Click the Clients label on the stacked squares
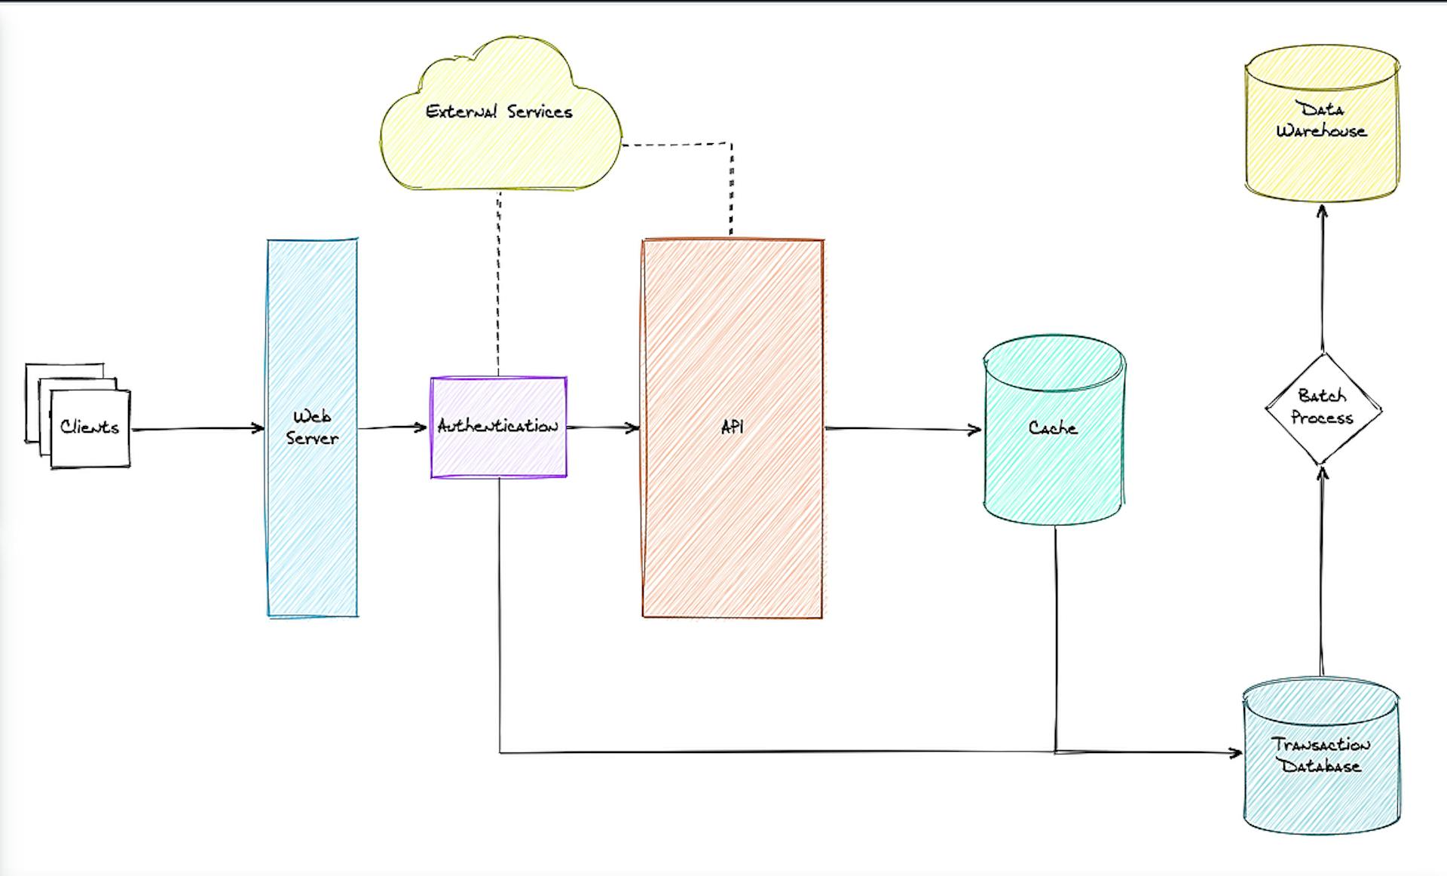(x=90, y=427)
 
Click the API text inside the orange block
(x=732, y=427)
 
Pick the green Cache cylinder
(x=1053, y=467)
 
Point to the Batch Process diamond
(x=1322, y=407)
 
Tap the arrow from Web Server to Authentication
(x=392, y=427)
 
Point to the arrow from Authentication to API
(x=603, y=427)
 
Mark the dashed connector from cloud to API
(x=730, y=188)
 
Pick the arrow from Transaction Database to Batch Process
(x=1321, y=573)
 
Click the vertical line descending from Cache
(x=1054, y=641)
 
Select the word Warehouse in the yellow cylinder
(x=1321, y=131)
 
